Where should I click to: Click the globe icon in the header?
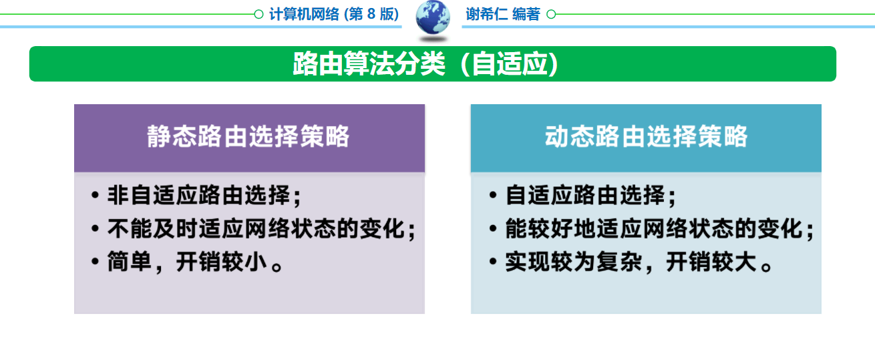coord(432,17)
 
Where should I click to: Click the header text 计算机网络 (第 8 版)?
coord(334,15)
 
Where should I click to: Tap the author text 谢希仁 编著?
coord(503,15)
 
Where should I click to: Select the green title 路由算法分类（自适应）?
coord(425,64)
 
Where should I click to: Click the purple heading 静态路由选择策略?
coord(248,136)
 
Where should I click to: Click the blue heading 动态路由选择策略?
coord(646,136)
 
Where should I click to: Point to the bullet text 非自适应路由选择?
coord(199,195)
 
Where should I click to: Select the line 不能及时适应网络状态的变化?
coord(256,228)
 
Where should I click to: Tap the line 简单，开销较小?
coord(195,262)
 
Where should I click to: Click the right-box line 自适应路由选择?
coord(585,195)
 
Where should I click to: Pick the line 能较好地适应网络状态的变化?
coord(654,228)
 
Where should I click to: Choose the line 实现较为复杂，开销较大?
coord(639,262)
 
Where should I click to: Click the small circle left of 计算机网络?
coord(258,15)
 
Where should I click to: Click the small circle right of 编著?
coord(551,15)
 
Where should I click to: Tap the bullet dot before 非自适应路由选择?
coord(95,194)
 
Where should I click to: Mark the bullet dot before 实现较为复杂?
coord(492,261)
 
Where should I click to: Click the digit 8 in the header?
coord(371,15)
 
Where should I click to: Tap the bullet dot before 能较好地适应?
coord(492,228)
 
